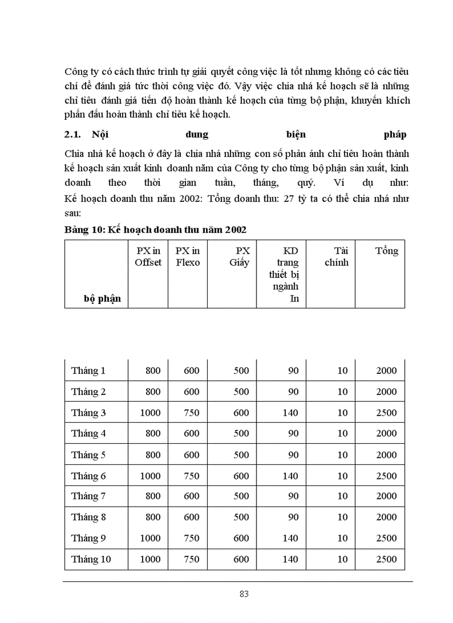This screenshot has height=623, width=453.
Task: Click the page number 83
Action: [x=244, y=594]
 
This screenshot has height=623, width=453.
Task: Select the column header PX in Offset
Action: [x=148, y=257]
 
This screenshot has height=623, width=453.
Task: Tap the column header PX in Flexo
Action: [x=188, y=257]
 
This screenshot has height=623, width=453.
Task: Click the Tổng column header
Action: [x=386, y=251]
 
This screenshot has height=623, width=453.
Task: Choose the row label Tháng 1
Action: [x=88, y=371]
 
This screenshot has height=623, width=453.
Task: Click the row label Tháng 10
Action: [x=91, y=559]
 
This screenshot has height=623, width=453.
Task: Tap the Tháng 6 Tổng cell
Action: [x=386, y=476]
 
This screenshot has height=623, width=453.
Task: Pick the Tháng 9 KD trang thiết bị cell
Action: [x=290, y=538]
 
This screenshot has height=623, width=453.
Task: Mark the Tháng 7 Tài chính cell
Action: [x=343, y=497]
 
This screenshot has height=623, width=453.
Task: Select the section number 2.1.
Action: [x=73, y=135]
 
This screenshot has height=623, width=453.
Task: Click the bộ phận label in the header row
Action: [x=102, y=299]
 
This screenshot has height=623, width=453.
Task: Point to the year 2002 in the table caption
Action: [x=235, y=230]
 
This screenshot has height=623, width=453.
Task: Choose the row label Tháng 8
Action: [x=88, y=517]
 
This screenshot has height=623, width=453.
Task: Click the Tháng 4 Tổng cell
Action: [x=386, y=434]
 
